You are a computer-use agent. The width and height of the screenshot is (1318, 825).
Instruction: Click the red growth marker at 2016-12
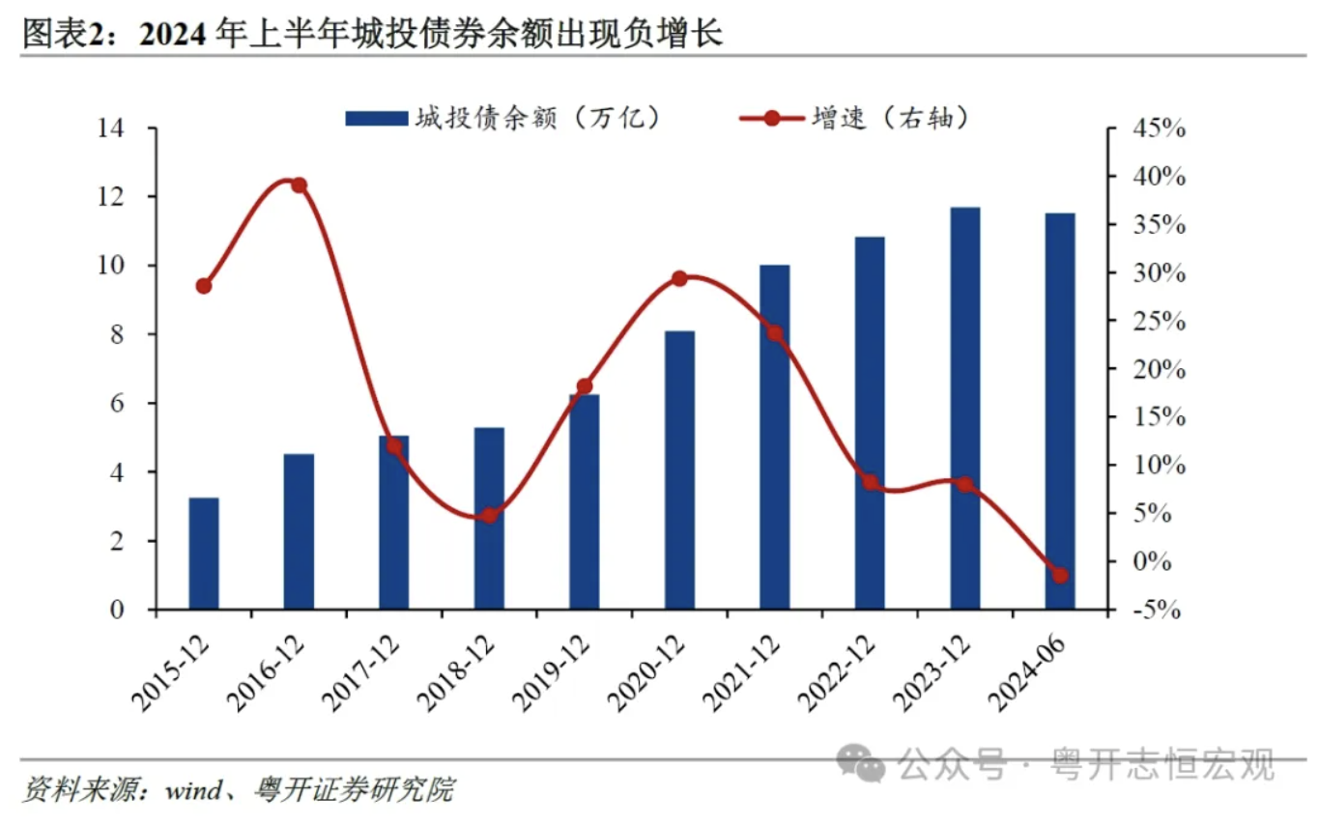tap(299, 185)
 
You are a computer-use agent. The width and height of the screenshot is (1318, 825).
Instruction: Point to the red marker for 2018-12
tap(489, 516)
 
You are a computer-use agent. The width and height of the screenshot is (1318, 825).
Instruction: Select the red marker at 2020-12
tap(679, 278)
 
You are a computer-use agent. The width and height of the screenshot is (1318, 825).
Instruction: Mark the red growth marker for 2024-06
tap(1060, 576)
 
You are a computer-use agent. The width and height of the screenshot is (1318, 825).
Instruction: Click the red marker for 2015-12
tap(204, 286)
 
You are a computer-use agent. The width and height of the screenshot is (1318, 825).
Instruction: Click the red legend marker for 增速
tap(771, 118)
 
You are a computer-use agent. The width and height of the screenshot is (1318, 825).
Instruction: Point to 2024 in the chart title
tap(174, 35)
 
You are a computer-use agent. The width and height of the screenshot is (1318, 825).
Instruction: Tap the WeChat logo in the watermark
tap(860, 763)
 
